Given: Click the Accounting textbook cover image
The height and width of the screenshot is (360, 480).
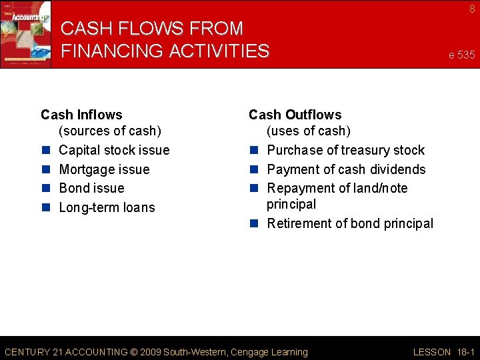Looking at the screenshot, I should point(25,33).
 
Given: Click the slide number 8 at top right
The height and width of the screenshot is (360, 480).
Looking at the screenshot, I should point(472,9).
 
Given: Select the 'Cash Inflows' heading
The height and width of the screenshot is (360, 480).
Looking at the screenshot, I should point(81,115).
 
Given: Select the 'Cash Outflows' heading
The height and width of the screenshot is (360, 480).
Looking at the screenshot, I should point(295,115).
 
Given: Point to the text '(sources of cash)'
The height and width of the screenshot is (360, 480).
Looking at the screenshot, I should point(110,131).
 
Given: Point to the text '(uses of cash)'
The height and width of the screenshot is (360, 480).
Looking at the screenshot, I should point(309,131).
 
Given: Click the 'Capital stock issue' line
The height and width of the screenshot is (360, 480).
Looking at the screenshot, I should point(114,150).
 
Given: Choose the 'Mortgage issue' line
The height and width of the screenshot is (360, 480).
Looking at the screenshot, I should point(104,169).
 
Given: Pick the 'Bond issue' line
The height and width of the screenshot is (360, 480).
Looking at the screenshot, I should point(91,188).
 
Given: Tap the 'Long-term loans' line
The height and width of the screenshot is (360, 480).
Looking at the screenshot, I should point(107,207).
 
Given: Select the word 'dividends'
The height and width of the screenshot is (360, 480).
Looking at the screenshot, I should point(399,169).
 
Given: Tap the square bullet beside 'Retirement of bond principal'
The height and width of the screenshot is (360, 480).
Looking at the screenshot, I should point(253,223).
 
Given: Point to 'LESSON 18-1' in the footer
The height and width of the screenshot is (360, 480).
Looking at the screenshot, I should point(444,352).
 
